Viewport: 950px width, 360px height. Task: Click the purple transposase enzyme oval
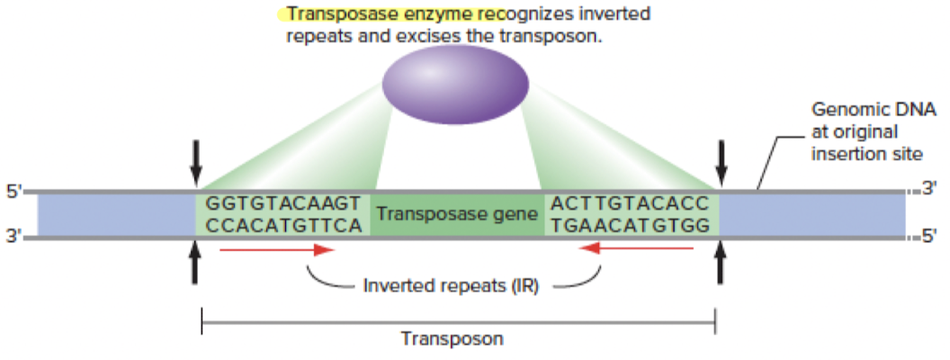pos(455,84)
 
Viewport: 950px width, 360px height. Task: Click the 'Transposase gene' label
pos(457,214)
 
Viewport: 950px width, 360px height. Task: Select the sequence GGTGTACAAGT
pos(283,203)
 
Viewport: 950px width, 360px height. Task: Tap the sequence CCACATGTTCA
pos(283,226)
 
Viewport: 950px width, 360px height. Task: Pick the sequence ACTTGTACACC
pos(630,203)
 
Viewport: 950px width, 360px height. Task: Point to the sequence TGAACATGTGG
pos(630,226)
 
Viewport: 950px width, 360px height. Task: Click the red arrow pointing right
pos(277,248)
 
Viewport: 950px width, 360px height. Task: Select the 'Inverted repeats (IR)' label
pos(451,284)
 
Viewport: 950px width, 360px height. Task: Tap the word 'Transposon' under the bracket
pos(452,338)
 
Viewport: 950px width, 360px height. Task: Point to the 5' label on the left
pos(13,193)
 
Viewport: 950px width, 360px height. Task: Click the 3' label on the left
pos(13,237)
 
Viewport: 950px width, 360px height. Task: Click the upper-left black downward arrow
pos(195,162)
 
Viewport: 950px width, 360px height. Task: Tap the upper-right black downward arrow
pos(721,162)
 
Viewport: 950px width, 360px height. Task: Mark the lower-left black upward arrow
pos(194,263)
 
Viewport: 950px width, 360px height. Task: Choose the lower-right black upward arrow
pos(721,263)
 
